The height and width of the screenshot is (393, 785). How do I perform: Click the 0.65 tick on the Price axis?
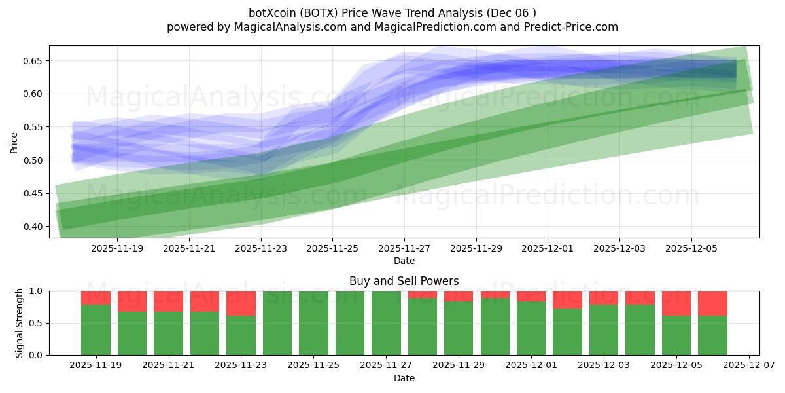tap(33, 61)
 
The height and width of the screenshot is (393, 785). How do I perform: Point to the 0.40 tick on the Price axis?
tap(33, 227)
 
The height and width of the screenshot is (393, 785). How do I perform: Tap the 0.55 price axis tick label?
tap(33, 127)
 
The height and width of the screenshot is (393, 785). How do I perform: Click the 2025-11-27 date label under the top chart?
tap(404, 249)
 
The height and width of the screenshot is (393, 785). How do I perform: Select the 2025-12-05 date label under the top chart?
tap(691, 249)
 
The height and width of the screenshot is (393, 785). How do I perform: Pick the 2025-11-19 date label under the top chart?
tap(117, 249)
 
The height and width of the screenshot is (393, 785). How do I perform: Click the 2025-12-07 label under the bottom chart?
tap(749, 366)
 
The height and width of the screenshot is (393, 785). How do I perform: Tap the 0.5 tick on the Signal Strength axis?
tap(37, 323)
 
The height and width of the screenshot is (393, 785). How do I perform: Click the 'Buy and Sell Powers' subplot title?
tap(404, 281)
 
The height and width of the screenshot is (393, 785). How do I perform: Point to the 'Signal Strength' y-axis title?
tap(20, 323)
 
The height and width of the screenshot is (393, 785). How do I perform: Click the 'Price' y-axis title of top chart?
tap(14, 142)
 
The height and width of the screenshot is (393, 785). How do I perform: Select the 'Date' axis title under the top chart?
tap(404, 261)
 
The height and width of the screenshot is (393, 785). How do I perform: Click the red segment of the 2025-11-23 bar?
tap(241, 303)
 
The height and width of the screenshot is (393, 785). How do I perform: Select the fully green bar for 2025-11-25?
tap(313, 323)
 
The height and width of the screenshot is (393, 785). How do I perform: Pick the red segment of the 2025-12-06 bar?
tap(712, 303)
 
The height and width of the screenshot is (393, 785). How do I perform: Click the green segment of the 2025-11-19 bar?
tap(96, 329)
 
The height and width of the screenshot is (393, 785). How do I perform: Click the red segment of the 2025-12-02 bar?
tap(567, 299)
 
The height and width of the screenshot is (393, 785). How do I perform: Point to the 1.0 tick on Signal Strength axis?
tap(37, 291)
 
